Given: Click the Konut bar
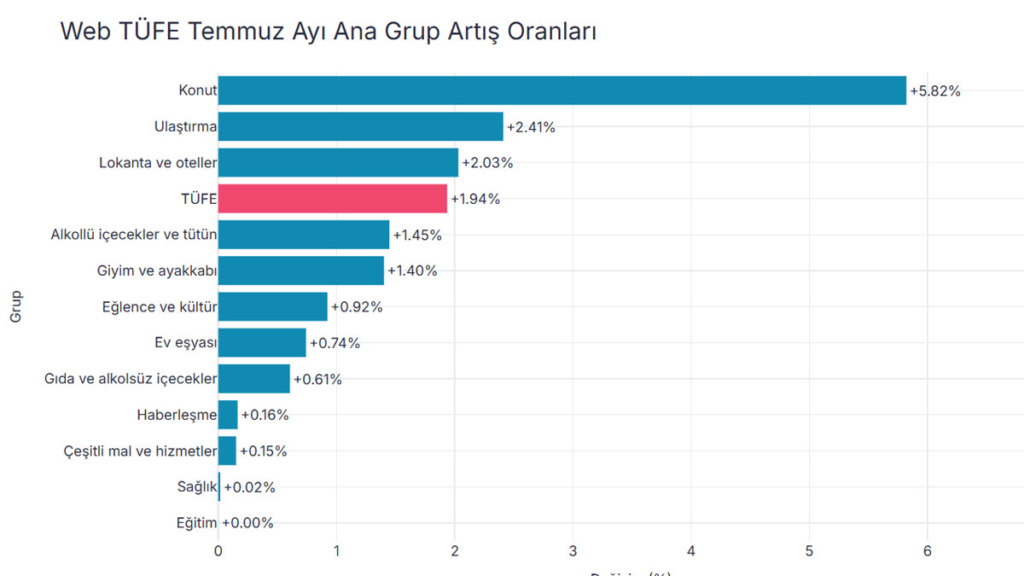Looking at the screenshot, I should click(x=561, y=90).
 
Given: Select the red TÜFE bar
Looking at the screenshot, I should click(x=333, y=199).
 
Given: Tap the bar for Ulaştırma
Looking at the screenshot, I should click(x=360, y=127).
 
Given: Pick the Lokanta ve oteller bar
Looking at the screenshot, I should click(x=338, y=162).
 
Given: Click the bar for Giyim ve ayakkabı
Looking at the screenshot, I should click(x=301, y=271).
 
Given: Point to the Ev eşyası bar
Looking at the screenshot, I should click(x=262, y=343).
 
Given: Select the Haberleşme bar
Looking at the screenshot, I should click(x=228, y=416).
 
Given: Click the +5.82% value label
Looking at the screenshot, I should click(x=935, y=91).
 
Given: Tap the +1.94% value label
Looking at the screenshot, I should click(x=475, y=200).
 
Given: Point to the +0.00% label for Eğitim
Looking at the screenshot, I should click(x=247, y=523).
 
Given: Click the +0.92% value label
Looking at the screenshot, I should click(x=357, y=307).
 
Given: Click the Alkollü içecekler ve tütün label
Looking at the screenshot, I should click(x=134, y=235).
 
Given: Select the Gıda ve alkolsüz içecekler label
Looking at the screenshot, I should click(x=131, y=379).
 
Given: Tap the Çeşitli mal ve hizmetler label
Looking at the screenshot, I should click(x=141, y=451).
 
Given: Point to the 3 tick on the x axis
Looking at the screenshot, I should click(x=573, y=551).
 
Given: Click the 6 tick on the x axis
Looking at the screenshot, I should click(x=927, y=551).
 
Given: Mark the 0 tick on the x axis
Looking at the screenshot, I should click(x=218, y=551).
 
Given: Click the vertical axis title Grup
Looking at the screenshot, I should click(x=16, y=307).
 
